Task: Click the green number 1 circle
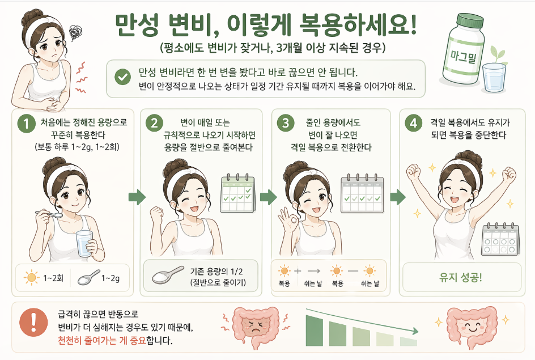pos(27,123)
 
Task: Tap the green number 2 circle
pos(154,123)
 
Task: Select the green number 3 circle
pos(286,123)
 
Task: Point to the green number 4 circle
pos(414,123)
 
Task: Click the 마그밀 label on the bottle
pos(464,56)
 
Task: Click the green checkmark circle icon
pos(122,77)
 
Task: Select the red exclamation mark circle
pos(33,323)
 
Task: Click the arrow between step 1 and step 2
pos(137,197)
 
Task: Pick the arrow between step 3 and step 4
pos(397,197)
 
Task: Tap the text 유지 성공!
pos(461,277)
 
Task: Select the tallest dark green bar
pos(314,331)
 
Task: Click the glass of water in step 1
pos(84,244)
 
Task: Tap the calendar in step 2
pos(238,193)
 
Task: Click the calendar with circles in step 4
pos(500,240)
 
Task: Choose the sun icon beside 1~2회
pos(31,277)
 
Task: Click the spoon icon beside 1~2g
pos(89,277)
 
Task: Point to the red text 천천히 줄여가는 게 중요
pos(101,340)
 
